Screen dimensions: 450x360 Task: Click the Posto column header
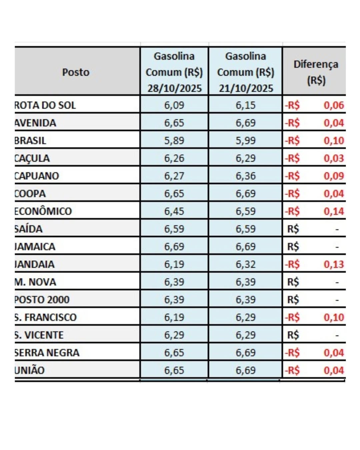[x=76, y=72]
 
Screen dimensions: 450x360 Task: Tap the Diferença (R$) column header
[x=316, y=72]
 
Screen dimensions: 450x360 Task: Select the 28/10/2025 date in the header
[x=174, y=88]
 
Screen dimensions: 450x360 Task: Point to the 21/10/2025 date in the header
[x=246, y=88]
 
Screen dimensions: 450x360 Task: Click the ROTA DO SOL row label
[x=45, y=105]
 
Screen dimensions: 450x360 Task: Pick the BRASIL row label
[x=30, y=141]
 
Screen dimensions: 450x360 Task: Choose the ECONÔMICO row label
[x=43, y=211]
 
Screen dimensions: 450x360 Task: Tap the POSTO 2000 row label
[x=42, y=300]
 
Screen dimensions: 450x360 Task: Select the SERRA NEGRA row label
[x=47, y=353]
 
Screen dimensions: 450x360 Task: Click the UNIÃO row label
[x=30, y=370]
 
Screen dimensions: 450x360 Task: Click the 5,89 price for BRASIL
[x=174, y=141]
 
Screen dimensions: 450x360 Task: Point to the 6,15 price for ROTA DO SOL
[x=246, y=105]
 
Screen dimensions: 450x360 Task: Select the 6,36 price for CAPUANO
[x=246, y=176]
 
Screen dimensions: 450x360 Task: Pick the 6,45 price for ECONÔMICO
[x=174, y=211]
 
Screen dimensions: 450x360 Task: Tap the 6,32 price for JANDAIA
[x=246, y=264]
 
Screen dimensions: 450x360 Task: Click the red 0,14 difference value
[x=334, y=211]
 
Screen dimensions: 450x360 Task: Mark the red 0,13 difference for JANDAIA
[x=334, y=264]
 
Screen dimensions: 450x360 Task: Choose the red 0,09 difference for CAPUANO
[x=334, y=176]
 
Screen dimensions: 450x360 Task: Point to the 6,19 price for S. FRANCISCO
[x=174, y=317]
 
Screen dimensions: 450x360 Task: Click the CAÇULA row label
[x=32, y=158]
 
